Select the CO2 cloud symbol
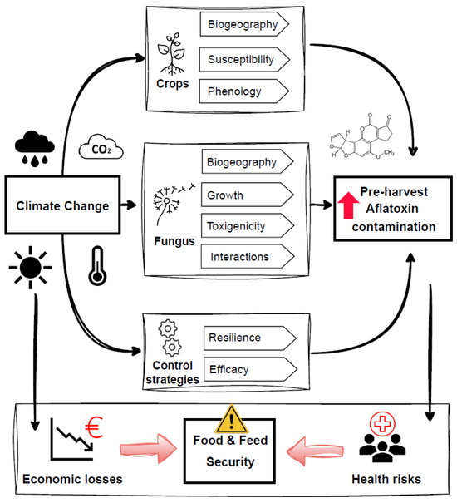click(x=100, y=150)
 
